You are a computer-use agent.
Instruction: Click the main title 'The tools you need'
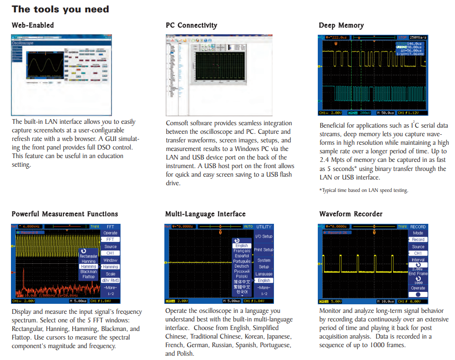61,9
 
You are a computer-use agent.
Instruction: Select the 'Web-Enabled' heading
33,25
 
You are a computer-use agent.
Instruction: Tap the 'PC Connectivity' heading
192,25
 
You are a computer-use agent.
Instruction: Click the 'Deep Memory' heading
341,25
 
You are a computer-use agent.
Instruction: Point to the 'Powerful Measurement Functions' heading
65,214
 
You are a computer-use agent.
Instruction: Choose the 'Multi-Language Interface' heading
205,214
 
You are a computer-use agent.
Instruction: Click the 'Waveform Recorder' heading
351,214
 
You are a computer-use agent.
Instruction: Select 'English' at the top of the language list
242,246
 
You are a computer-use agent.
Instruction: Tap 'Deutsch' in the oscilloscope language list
242,266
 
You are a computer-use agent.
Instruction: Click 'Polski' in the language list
242,277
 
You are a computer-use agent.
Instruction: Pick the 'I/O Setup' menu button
264,236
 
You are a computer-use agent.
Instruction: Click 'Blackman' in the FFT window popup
89,272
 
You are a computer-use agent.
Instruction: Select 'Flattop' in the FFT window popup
89,277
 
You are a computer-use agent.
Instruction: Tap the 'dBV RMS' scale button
111,280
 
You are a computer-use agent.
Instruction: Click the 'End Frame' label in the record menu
418,274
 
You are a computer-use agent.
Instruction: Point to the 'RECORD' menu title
418,227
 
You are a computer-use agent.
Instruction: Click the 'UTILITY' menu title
264,227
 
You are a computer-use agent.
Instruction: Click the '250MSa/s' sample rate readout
418,37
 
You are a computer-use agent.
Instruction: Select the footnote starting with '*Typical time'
364,190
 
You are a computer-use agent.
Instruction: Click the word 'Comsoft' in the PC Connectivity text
178,123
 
